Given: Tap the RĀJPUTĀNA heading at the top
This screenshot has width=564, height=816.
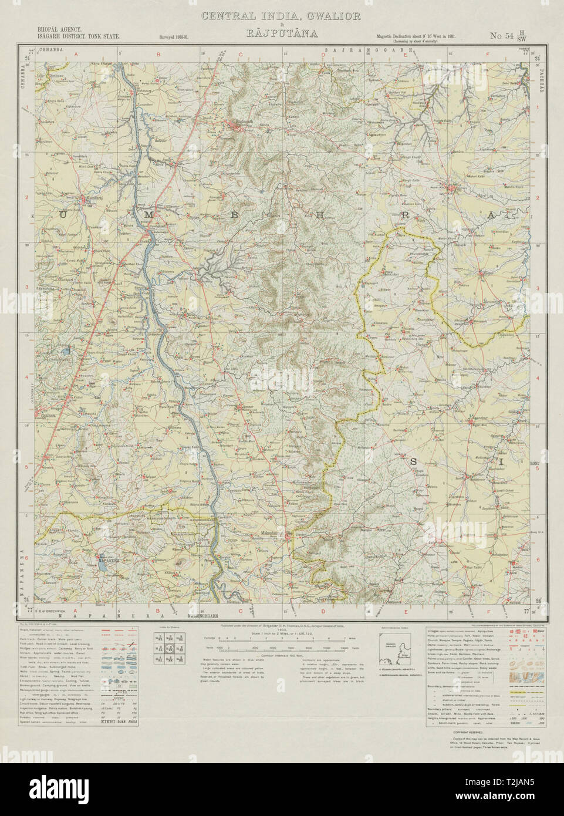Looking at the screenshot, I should (281, 34).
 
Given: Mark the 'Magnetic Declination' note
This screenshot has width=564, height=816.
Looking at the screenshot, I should (413, 36).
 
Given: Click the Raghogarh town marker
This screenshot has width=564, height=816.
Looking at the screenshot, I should (238, 122).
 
